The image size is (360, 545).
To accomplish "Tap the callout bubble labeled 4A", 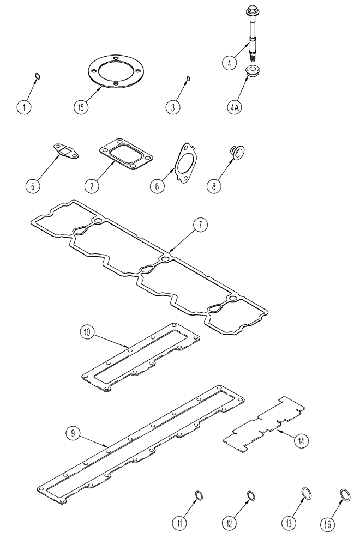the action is (x=235, y=107).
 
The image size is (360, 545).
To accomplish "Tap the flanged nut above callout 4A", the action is (x=253, y=70).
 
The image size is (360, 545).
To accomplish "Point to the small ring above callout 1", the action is (x=37, y=76).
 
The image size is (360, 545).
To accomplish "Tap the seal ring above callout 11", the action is (x=200, y=495).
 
